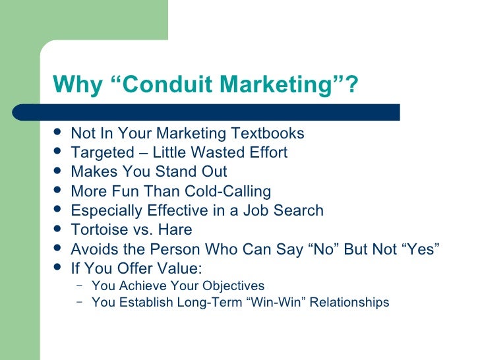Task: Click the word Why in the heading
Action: coord(75,84)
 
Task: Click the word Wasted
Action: coord(215,153)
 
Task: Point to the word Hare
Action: coord(175,230)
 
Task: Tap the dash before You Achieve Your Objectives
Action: coord(80,286)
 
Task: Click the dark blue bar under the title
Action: coord(224,111)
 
